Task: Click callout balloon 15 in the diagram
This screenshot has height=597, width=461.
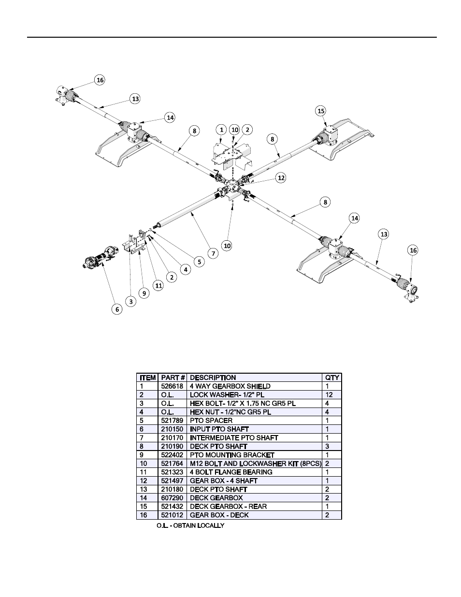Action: tap(321, 111)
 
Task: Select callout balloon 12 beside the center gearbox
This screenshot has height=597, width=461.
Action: tap(281, 177)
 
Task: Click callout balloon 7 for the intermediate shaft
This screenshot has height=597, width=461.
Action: tap(212, 253)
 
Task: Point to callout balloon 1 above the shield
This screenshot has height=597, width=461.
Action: tap(221, 130)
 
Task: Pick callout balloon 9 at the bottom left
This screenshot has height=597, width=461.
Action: tap(144, 292)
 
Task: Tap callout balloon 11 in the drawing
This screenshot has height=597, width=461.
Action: tap(158, 285)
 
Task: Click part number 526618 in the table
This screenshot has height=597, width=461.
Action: tap(172, 386)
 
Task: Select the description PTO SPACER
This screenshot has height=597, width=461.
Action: tap(211, 421)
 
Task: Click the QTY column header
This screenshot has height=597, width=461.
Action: tap(332, 378)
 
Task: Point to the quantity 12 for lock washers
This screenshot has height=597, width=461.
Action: tap(329, 395)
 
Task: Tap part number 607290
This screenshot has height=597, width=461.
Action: tap(172, 498)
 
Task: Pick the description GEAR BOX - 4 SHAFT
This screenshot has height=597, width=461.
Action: tap(223, 481)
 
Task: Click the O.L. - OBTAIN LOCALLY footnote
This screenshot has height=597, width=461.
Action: tap(190, 525)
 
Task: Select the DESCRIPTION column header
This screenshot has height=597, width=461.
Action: tap(213, 378)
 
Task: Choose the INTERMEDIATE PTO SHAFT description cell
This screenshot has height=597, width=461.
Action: tap(234, 438)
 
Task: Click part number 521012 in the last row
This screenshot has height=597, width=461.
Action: tap(172, 515)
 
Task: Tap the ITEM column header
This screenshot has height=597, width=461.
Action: tap(148, 378)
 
